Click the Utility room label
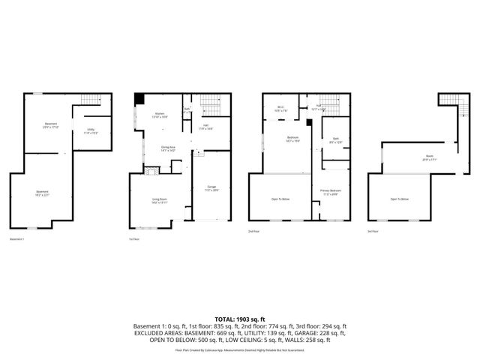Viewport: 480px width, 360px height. pos(90,131)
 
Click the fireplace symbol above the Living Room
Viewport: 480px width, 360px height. pos(150,171)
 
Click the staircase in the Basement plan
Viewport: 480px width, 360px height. pos(91,100)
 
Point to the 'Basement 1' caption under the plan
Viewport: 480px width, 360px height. pos(17,240)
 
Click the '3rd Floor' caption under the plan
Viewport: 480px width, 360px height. pos(373,232)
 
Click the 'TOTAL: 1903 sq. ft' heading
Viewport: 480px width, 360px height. pos(240,319)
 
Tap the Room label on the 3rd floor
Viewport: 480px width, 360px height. pos(429,157)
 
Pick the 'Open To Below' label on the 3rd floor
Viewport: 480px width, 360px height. pos(399,199)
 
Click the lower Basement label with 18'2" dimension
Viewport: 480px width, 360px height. pos(43,193)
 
